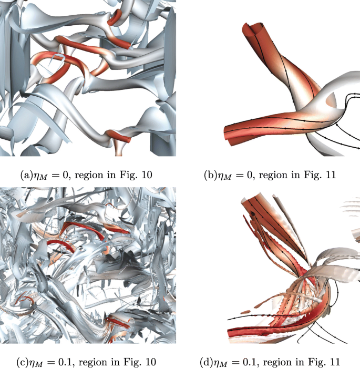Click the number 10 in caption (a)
147,175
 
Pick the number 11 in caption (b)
331,175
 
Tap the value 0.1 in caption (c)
64,362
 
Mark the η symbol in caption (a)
36,176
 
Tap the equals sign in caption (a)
56,175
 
